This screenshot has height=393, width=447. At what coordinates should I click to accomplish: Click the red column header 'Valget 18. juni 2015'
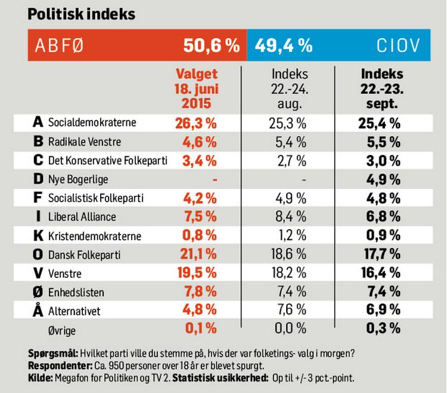coord(196,88)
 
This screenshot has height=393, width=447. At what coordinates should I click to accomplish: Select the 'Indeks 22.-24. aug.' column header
coord(290,88)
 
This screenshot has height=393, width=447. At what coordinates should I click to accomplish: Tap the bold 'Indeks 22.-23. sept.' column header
coord(382,88)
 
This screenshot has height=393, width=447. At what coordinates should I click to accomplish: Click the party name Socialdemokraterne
coord(92,123)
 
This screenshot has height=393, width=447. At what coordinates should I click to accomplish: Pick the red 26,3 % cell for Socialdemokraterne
coord(196,123)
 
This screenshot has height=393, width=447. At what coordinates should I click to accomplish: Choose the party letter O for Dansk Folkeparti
coord(38,255)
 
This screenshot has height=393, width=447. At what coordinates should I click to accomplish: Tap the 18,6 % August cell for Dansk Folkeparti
coord(290,255)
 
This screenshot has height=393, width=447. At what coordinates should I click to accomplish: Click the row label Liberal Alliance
coord(82,217)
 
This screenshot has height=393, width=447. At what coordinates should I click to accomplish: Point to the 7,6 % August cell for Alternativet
coord(290,311)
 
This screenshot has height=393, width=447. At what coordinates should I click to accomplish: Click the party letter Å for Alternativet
coord(38,310)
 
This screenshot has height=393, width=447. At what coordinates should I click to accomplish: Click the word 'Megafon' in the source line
coord(72,378)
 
